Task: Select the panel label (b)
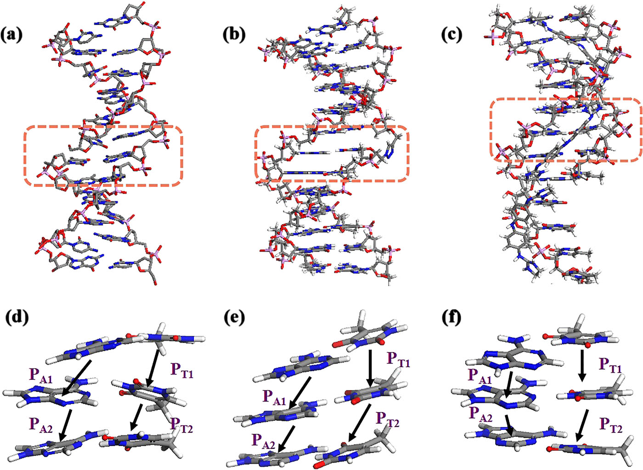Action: click(x=234, y=34)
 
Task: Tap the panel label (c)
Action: click(x=451, y=34)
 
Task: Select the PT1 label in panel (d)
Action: click(x=182, y=370)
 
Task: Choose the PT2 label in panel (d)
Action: click(x=182, y=425)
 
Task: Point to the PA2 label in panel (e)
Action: click(x=263, y=440)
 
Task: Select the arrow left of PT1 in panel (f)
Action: click(x=582, y=366)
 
